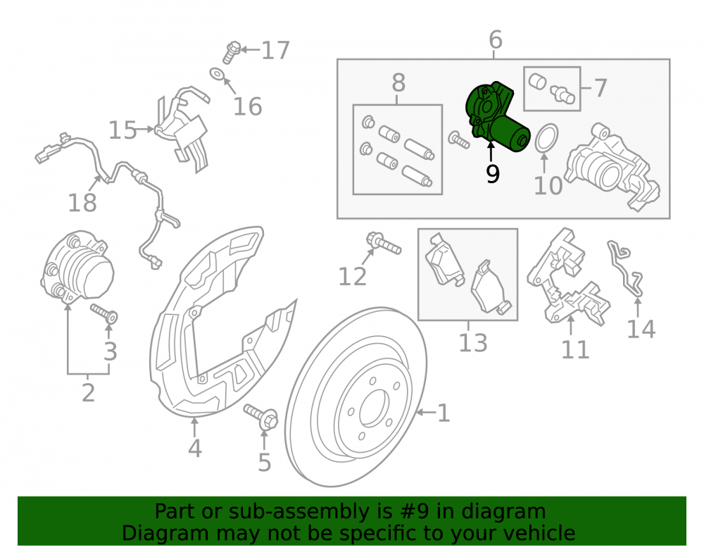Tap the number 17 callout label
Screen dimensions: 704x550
click(x=275, y=50)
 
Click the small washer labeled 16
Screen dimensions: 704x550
click(x=218, y=74)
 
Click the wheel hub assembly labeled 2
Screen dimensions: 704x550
click(x=77, y=267)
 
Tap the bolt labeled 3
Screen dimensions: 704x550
click(x=105, y=313)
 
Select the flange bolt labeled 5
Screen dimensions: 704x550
click(x=262, y=415)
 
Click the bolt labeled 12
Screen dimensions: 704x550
click(x=383, y=243)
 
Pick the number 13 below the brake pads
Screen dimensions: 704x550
click(x=473, y=343)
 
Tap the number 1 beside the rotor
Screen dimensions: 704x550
click(x=444, y=413)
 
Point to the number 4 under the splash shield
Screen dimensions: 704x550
click(x=194, y=448)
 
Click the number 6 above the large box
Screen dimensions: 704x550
click(x=495, y=39)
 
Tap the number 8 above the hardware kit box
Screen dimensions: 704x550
click(x=398, y=83)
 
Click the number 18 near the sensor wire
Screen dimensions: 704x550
click(x=82, y=203)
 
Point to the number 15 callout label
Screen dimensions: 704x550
click(x=122, y=130)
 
